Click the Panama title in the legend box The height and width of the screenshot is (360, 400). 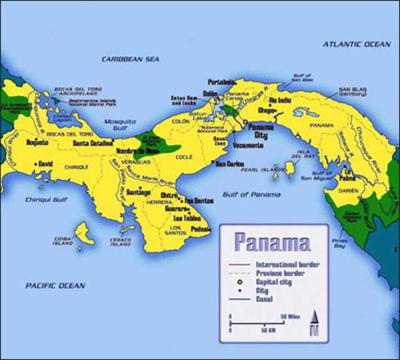[x=271, y=243]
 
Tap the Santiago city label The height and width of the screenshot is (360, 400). [x=141, y=193]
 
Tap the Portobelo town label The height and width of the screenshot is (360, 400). [x=224, y=81]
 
